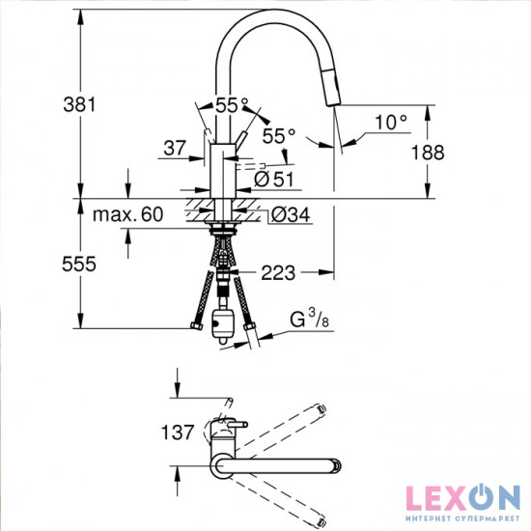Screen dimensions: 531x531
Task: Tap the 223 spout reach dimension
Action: pos(278,274)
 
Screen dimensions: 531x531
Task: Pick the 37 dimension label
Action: pos(175,148)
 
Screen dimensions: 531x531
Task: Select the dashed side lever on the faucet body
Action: pos(249,163)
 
